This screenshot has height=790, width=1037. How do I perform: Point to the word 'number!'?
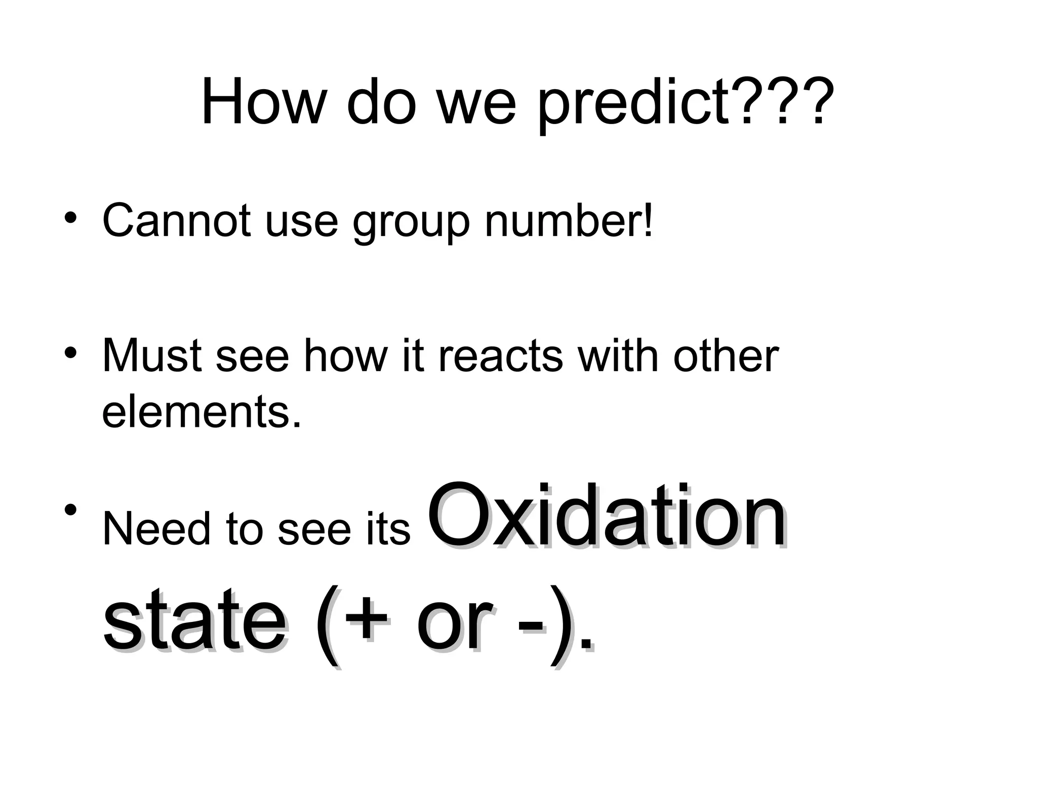569,221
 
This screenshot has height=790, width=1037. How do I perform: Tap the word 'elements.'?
202,411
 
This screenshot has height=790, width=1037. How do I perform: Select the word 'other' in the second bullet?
726,356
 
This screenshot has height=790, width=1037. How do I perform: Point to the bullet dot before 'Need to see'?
71,508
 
